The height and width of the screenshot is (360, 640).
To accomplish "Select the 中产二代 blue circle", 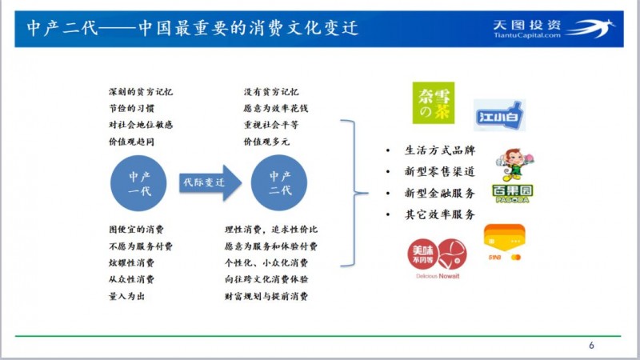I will [280, 183].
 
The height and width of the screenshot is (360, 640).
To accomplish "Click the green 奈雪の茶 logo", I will [433, 103].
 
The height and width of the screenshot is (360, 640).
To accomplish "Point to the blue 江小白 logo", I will [498, 116].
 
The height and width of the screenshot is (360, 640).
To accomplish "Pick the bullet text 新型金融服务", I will [440, 193].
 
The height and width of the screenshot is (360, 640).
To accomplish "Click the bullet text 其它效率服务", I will [440, 214].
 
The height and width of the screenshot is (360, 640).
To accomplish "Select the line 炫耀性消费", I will [132, 263].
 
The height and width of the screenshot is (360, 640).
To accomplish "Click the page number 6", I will [591, 346].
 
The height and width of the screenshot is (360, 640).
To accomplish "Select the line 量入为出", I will [126, 296].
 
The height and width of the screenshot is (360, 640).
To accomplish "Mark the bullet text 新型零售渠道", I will [440, 172].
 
